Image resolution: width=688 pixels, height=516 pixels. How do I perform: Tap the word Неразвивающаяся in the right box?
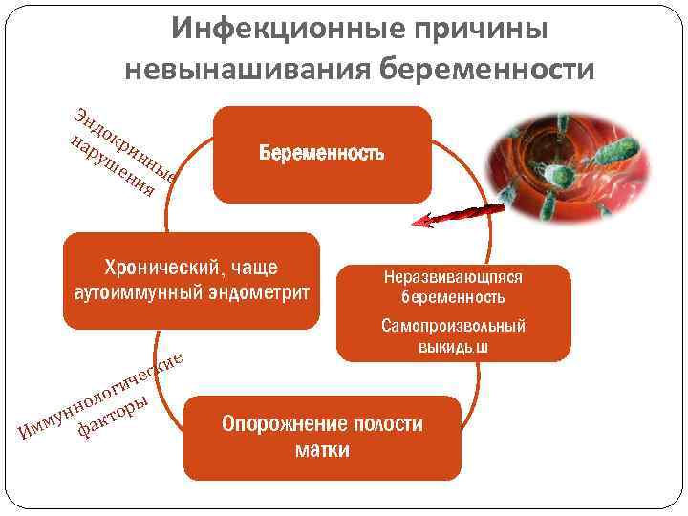click(x=453, y=277)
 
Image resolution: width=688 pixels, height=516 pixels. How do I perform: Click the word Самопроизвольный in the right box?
click(x=453, y=326)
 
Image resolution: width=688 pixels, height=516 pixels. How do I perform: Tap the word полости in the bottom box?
click(x=386, y=423)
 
